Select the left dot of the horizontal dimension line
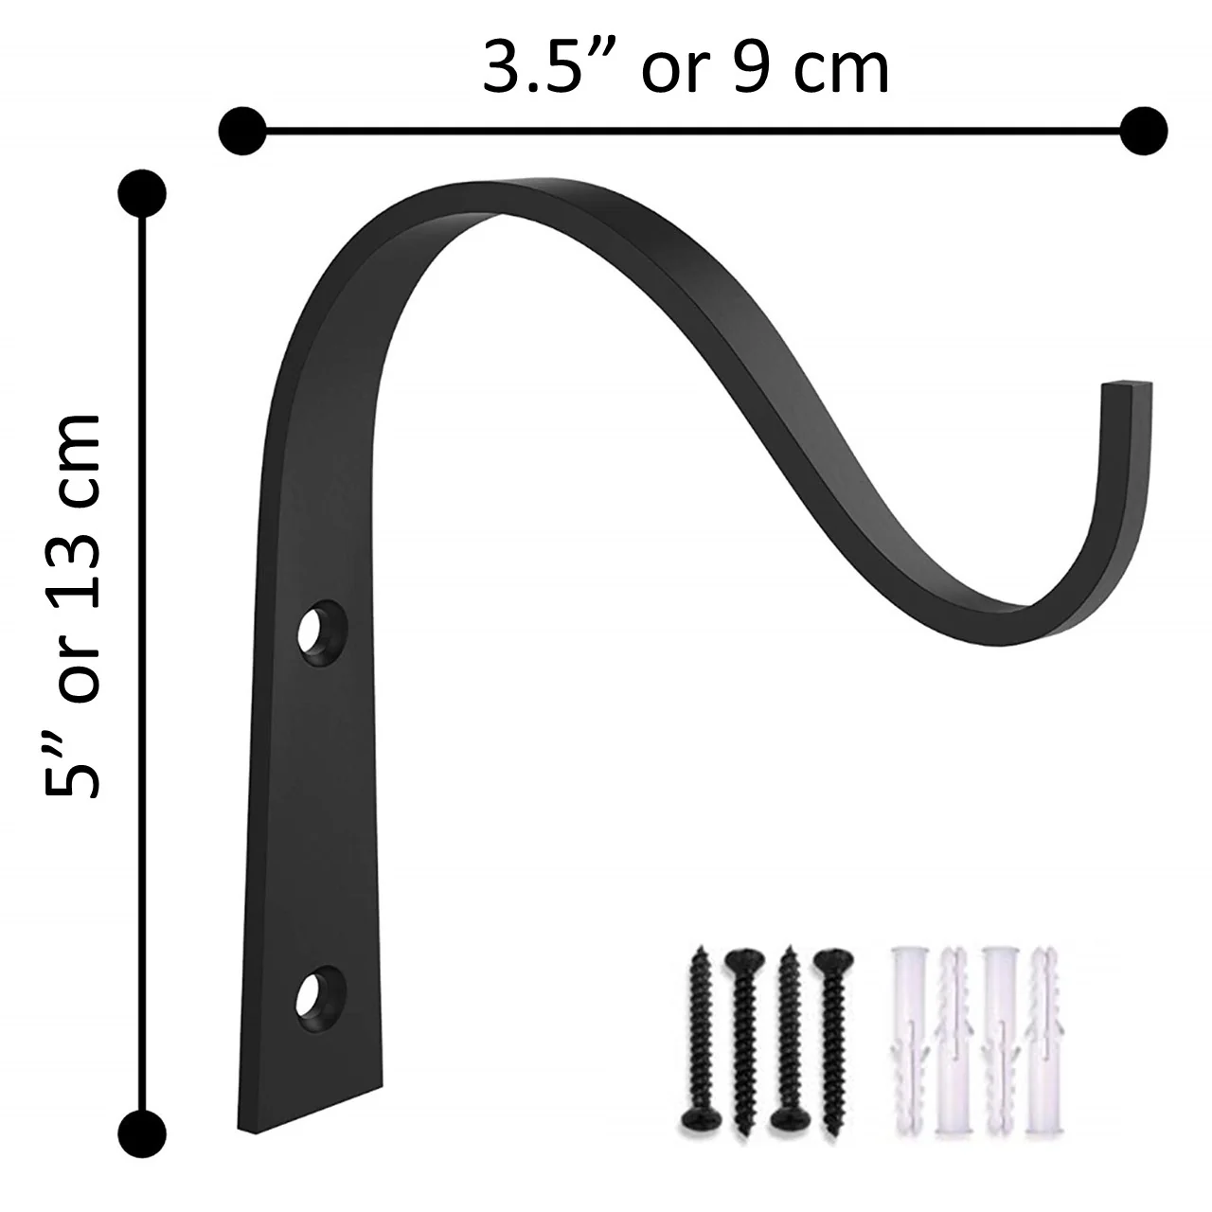coord(241,130)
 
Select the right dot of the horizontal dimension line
coord(1144,130)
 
